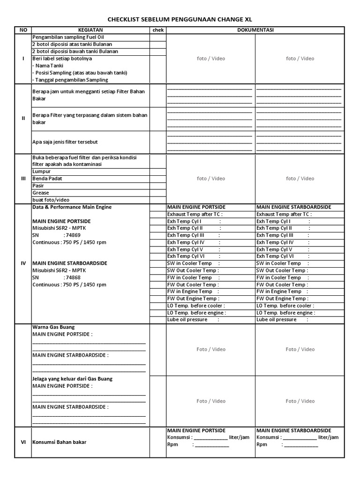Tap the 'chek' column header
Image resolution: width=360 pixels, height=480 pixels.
point(157,30)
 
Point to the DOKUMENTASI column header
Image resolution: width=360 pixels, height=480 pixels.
point(255,30)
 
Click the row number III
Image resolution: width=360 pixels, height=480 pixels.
point(23,179)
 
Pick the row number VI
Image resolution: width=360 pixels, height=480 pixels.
point(23,442)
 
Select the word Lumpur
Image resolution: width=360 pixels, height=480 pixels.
point(41,172)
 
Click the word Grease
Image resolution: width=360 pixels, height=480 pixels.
point(40,193)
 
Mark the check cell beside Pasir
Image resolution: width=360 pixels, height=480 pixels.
point(157,186)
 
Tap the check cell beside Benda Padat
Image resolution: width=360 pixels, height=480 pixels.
point(157,179)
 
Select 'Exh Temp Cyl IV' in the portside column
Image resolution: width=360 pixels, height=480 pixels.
point(186,242)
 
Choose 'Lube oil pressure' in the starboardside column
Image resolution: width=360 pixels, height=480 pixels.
point(277,320)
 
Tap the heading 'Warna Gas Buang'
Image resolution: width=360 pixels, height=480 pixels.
point(53,327)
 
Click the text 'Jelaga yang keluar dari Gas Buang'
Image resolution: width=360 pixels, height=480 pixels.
point(72,379)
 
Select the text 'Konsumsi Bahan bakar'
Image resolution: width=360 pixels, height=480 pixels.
point(59,442)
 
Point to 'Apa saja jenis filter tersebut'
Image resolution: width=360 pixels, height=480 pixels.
point(65,142)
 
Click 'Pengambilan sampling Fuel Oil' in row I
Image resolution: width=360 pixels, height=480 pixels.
point(69,37)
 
